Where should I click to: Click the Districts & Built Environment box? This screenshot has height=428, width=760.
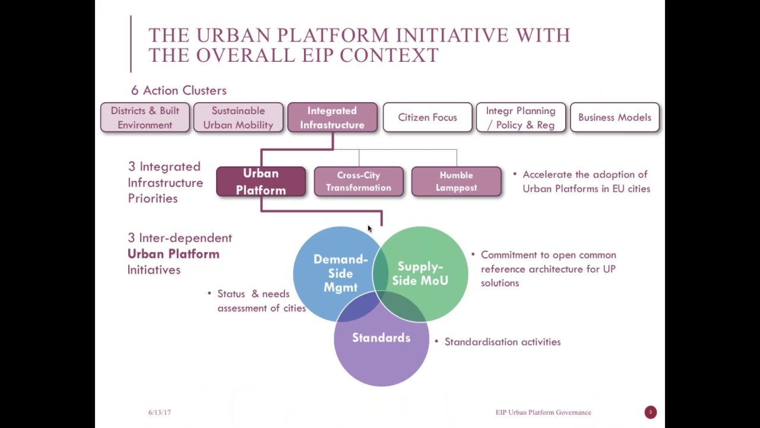coord(145,118)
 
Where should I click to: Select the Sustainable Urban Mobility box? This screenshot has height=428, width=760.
coord(238,118)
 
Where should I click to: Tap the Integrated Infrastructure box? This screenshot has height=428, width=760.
coord(332,118)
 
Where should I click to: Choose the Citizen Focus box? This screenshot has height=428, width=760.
coord(427,118)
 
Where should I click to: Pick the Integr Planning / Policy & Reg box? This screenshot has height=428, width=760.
coord(521,118)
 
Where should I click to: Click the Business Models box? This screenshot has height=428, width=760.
coord(615,118)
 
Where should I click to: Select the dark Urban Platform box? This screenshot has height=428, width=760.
coord(261,182)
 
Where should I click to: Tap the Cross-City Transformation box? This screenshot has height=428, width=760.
coord(358,182)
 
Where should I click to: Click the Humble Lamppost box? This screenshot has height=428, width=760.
coord(456,182)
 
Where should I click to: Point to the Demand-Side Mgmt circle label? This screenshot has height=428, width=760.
coord(340,273)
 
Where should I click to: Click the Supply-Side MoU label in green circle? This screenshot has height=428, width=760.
coord(420,273)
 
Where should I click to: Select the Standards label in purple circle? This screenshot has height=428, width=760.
coord(381,338)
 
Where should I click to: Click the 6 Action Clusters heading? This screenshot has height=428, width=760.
coord(179,90)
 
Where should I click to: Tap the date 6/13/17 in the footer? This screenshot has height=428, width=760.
coord(159,413)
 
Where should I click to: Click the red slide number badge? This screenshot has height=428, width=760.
coord(650,412)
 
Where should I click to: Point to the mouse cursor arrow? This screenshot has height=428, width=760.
coord(369,229)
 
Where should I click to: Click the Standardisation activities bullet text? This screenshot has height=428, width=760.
coord(502,342)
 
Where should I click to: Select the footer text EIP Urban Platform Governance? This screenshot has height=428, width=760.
coord(543,413)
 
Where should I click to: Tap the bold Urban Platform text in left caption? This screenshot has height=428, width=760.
coord(173,254)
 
